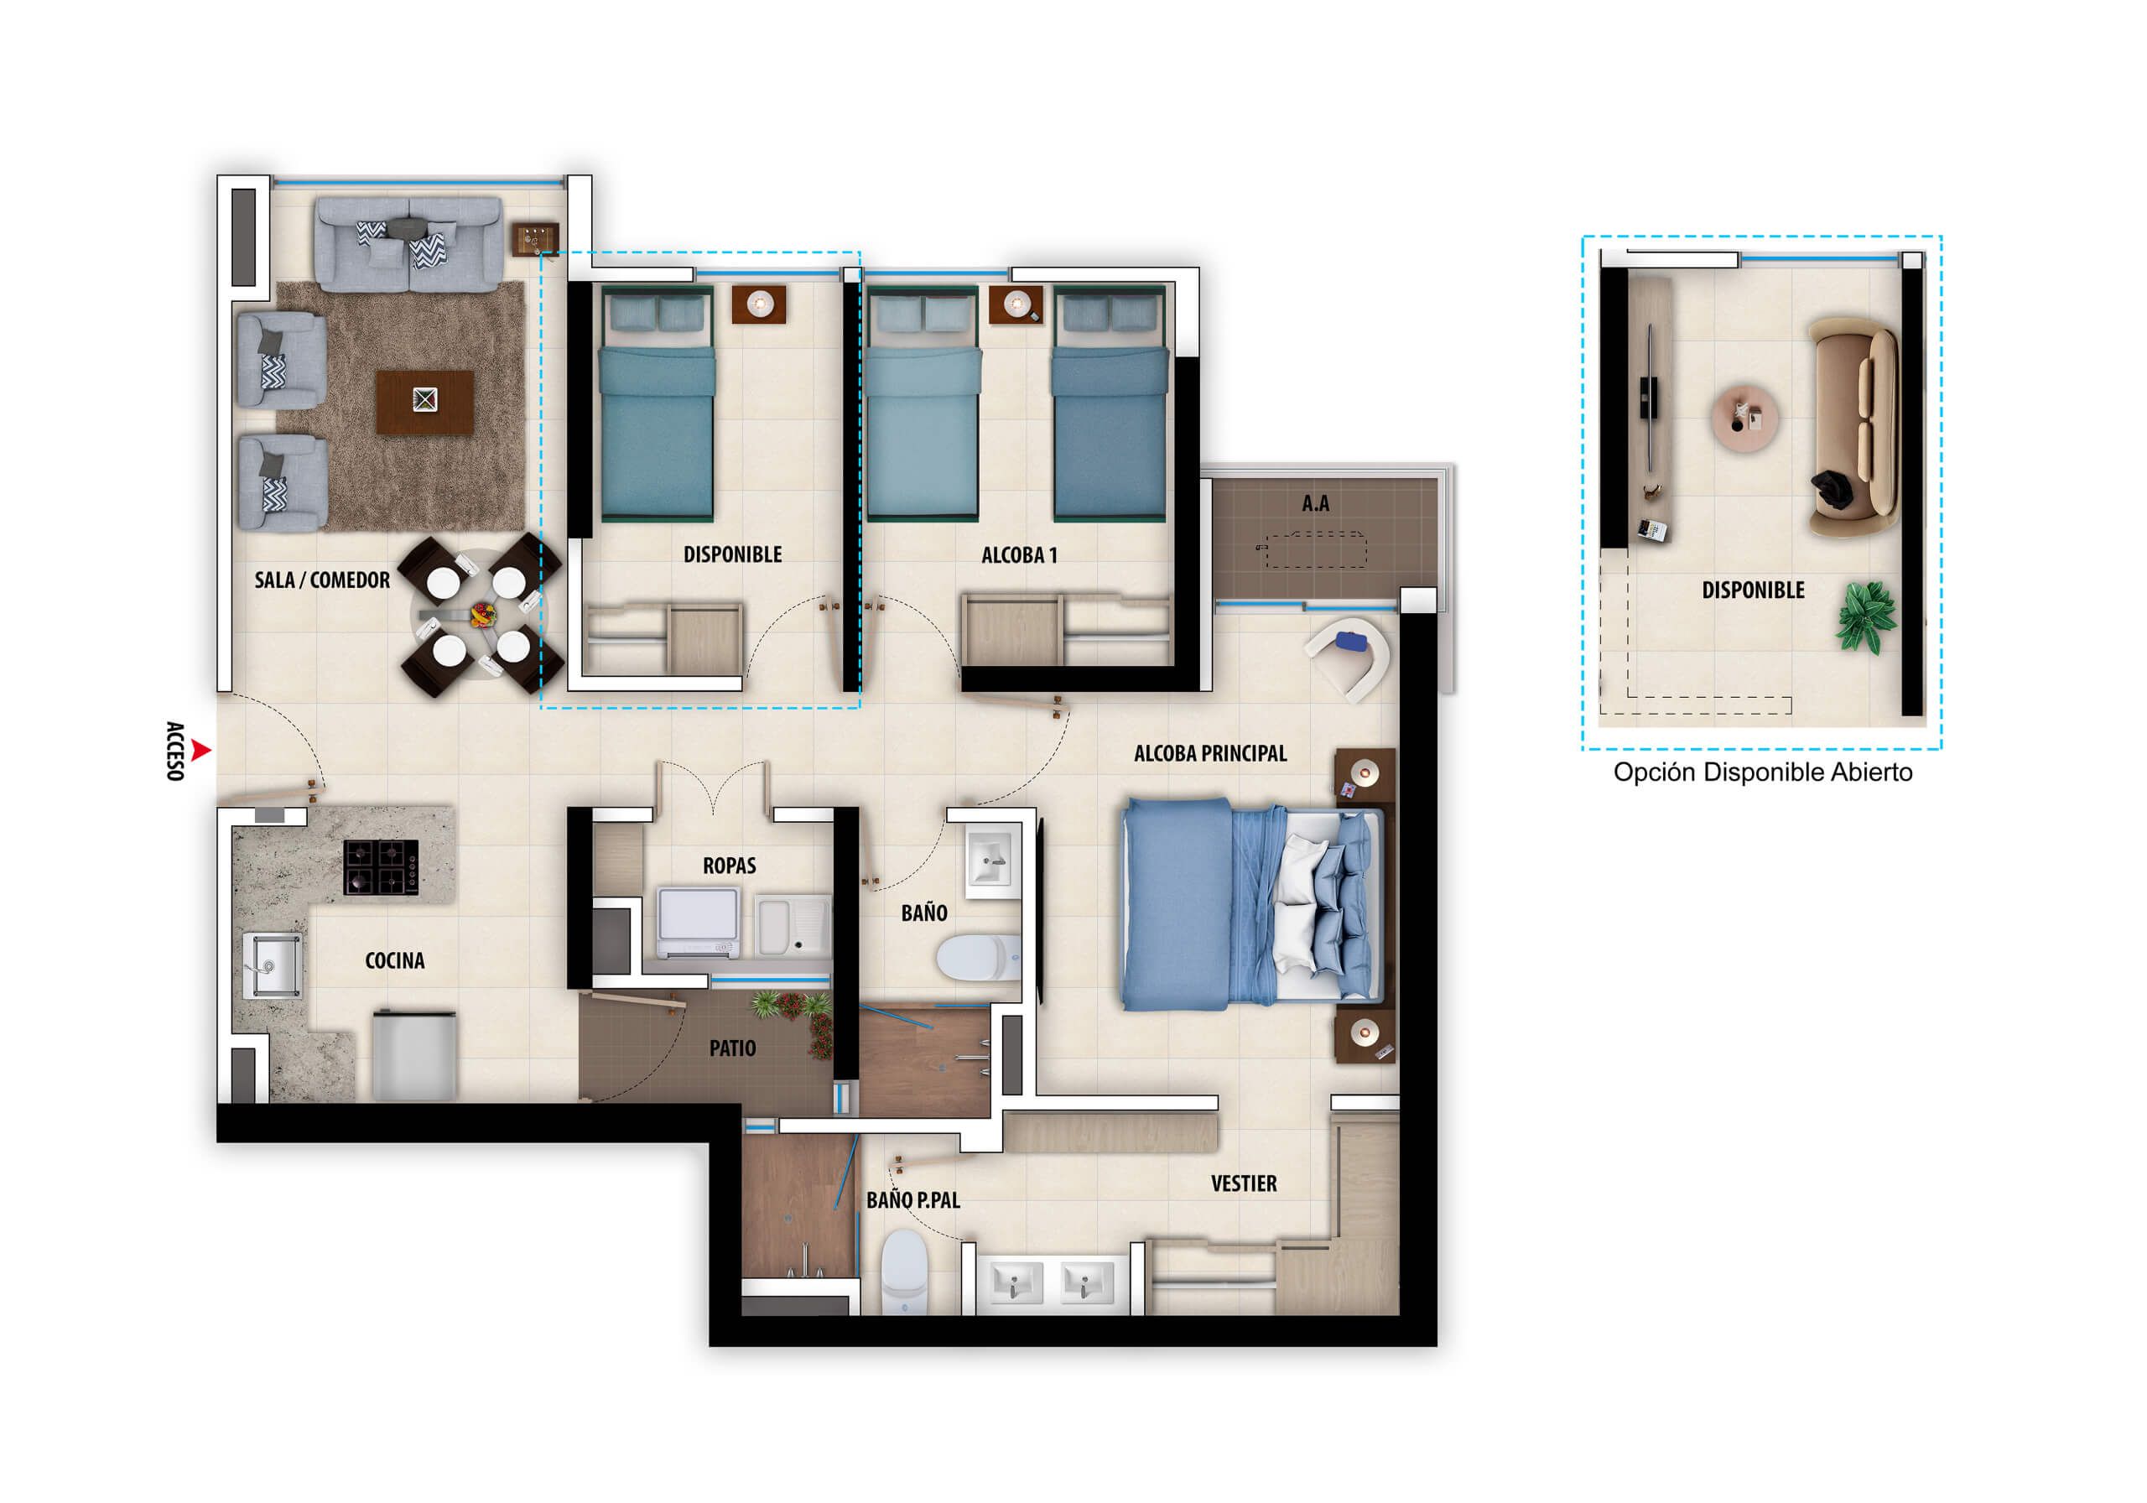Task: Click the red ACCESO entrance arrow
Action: [x=200, y=749]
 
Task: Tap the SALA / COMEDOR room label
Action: [x=322, y=580]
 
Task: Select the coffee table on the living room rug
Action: [x=424, y=401]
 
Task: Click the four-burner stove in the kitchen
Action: [x=381, y=867]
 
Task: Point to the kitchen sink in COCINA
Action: [x=272, y=965]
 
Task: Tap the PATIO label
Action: [x=732, y=1048]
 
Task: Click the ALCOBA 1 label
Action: [x=1018, y=555]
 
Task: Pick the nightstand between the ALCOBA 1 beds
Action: [x=1016, y=304]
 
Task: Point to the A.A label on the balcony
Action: [x=1315, y=504]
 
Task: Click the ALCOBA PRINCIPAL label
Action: [x=1210, y=754]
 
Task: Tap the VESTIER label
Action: [x=1243, y=1184]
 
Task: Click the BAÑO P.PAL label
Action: [x=912, y=1201]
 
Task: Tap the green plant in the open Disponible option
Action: [x=1867, y=616]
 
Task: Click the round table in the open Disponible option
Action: [x=1744, y=417]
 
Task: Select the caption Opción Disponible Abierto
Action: [x=1762, y=772]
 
